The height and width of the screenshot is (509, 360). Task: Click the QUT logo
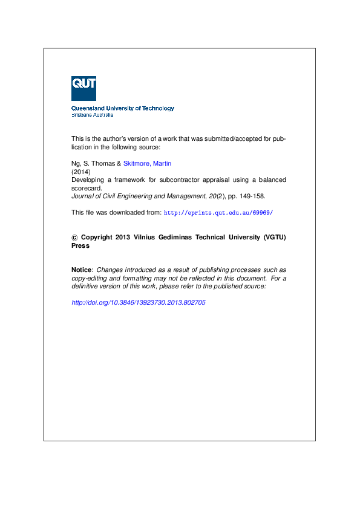pyautogui.click(x=83, y=88)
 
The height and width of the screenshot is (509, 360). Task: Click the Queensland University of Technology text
pyautogui.click(x=123, y=108)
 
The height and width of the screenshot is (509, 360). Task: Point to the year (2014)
pyautogui.click(x=80, y=172)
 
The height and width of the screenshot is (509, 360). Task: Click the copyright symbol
pyautogui.click(x=74, y=238)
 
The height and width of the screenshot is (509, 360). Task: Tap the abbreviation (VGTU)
pyautogui.click(x=275, y=238)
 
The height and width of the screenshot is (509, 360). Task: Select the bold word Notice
pyautogui.click(x=82, y=270)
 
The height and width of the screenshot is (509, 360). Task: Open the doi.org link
pyautogui.click(x=139, y=302)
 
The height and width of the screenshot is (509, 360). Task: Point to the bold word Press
pyautogui.click(x=80, y=246)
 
